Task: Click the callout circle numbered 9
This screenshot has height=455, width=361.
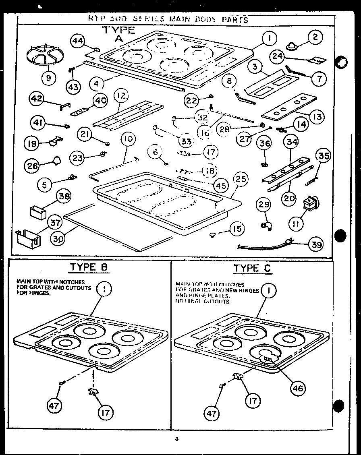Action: click(48, 77)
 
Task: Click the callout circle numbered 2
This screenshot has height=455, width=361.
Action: click(315, 38)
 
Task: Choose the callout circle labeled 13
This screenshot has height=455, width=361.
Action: click(317, 117)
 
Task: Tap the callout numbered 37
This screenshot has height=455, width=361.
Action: click(55, 223)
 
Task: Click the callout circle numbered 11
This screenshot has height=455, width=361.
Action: click(297, 224)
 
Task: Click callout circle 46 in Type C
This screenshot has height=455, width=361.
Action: click(299, 388)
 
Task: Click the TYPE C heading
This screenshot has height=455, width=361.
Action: click(252, 268)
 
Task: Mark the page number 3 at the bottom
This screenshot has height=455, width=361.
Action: click(176, 439)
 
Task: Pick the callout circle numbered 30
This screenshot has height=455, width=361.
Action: click(59, 238)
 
